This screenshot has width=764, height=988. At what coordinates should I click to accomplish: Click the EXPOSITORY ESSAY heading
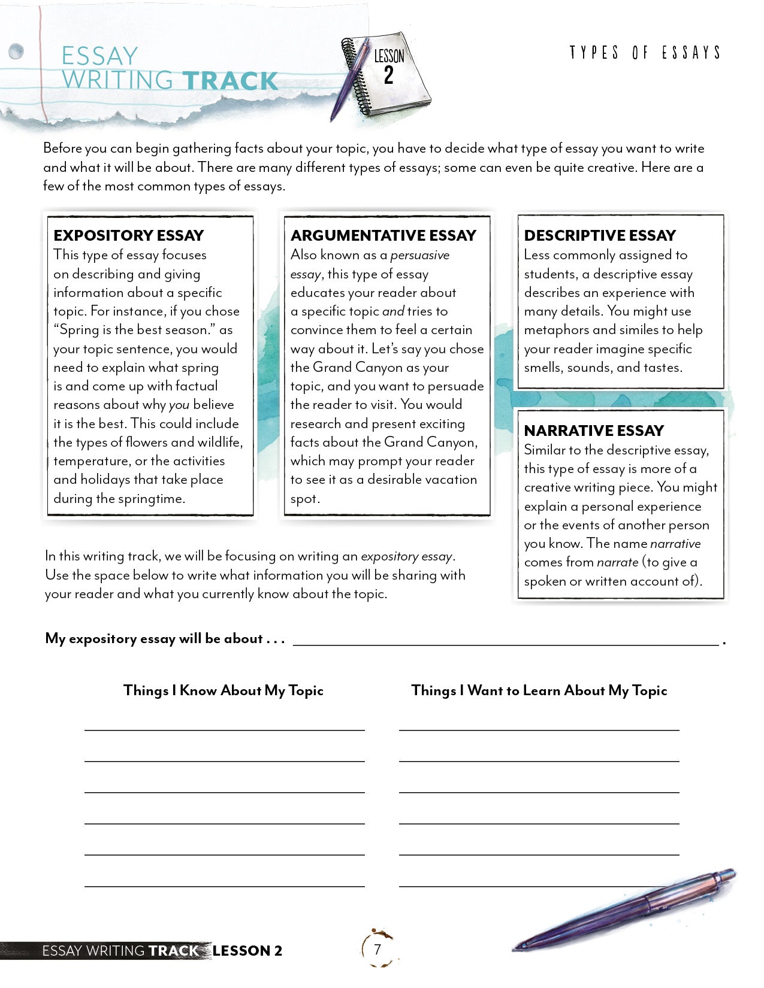pyautogui.click(x=128, y=235)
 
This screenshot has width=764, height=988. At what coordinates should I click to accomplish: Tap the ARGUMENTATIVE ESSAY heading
pyautogui.click(x=383, y=235)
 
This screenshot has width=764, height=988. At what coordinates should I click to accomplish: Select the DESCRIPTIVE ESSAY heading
pyautogui.click(x=599, y=235)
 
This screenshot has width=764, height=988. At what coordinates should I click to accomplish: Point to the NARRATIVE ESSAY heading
pyautogui.click(x=593, y=431)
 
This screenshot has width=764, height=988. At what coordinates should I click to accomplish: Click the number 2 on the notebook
pyautogui.click(x=388, y=76)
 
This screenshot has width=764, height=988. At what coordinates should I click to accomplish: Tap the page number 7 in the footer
pyautogui.click(x=377, y=949)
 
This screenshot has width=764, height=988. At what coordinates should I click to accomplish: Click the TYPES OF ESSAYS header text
pyautogui.click(x=645, y=53)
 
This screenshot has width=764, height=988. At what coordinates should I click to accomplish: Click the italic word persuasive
pyautogui.click(x=419, y=255)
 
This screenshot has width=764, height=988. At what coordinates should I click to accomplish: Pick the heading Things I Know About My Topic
pyautogui.click(x=223, y=690)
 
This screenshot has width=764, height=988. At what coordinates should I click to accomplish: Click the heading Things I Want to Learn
pyautogui.click(x=539, y=690)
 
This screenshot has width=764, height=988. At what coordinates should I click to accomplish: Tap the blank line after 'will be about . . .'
pyautogui.click(x=505, y=640)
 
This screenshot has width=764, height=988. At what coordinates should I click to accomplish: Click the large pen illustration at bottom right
pyautogui.click(x=626, y=910)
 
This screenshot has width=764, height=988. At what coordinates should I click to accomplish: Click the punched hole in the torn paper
pyautogui.click(x=16, y=51)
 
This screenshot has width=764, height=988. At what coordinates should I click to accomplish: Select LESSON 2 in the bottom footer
pyautogui.click(x=247, y=950)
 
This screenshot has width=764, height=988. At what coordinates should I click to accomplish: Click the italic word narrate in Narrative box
pyautogui.click(x=617, y=562)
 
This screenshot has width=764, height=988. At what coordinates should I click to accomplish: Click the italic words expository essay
pyautogui.click(x=406, y=556)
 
